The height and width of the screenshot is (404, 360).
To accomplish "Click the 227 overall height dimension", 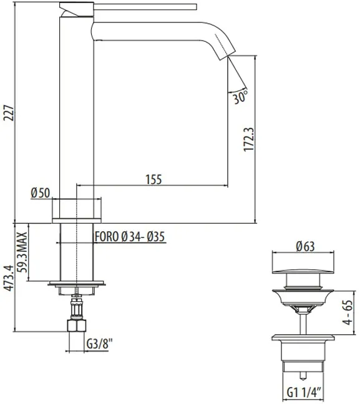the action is (9, 113).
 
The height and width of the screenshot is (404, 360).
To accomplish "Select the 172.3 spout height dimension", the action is (249, 140).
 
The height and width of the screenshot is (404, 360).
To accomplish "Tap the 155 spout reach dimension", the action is (153, 180).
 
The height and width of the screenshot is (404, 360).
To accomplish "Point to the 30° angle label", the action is (240, 98).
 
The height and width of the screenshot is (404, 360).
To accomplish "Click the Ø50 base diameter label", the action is (41, 193).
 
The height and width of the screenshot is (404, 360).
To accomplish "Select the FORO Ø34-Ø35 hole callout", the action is (130, 236).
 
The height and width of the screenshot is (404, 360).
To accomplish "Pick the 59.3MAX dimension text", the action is (22, 252).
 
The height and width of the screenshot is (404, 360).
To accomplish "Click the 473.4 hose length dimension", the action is (9, 278).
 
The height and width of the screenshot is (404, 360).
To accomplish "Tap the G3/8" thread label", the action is (100, 344).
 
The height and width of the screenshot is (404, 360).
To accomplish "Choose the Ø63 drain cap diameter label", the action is (306, 246).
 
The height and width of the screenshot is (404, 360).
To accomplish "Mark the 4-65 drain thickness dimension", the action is (348, 312).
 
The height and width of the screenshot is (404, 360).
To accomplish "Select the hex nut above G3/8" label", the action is (77, 325).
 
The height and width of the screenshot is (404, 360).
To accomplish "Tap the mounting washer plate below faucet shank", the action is (77, 283).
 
